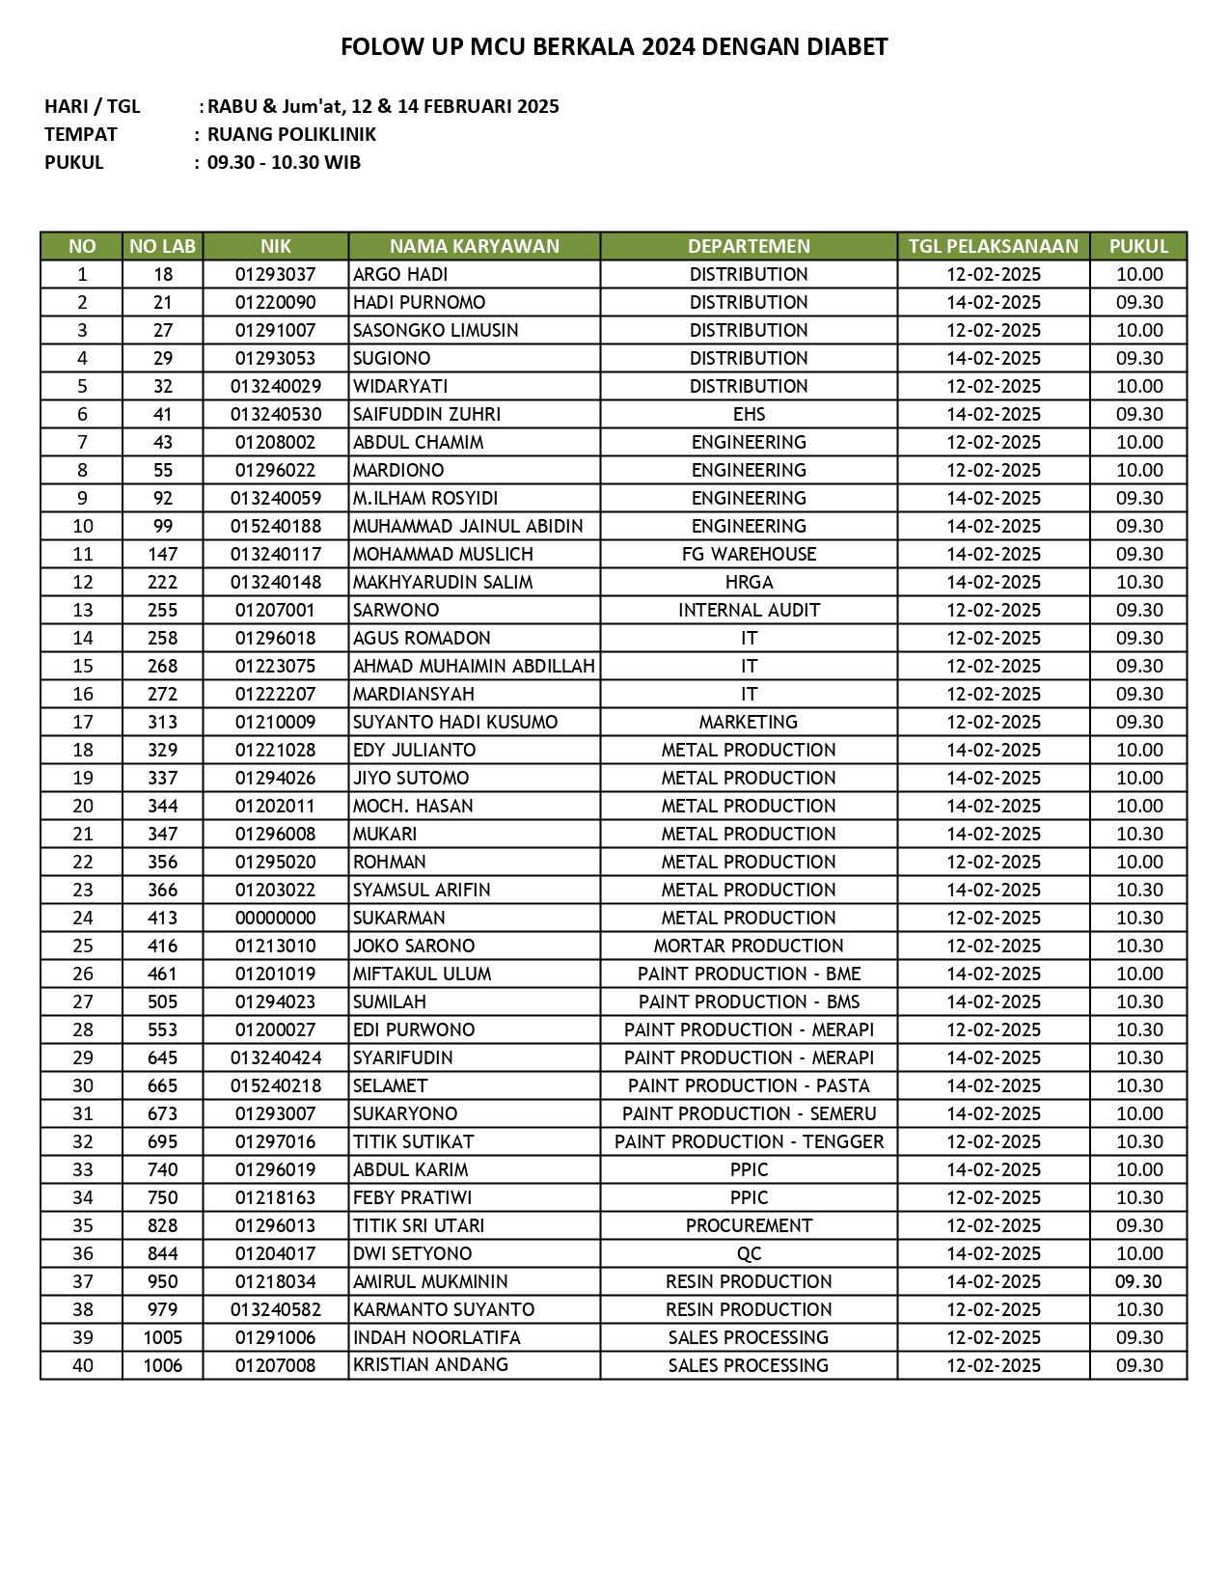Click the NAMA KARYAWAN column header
pos(474,246)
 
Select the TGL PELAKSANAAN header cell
pos(993,246)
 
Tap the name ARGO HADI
pos(400,274)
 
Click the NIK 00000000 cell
pos(275,918)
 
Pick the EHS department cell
pos(749,414)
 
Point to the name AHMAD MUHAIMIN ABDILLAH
pos(474,666)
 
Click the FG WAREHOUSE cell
pos(749,554)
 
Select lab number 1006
pos(162,1365)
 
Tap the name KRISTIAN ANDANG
pos(430,1365)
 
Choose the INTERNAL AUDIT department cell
pos(749,610)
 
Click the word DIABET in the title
pos(850,46)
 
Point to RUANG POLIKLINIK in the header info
pos(291,134)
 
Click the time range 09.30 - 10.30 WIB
pos(284,162)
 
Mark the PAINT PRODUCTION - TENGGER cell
pos(749,1141)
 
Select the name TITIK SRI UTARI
pos(419,1225)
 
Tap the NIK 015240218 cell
pos(275,1085)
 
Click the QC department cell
pos(749,1253)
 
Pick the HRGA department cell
pos(749,582)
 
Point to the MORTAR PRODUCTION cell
pos(749,946)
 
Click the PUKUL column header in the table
pos(1138,246)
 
